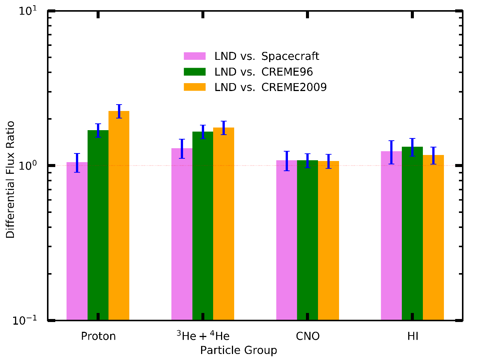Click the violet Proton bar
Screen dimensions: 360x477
pos(77,241)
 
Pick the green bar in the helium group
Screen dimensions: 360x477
pos(203,226)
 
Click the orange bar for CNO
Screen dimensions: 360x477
pos(329,240)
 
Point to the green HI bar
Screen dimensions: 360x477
pos(412,233)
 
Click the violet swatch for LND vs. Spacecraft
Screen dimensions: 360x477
pos(195,56)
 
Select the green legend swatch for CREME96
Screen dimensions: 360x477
pos(195,72)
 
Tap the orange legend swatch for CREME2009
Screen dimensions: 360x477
pos(195,87)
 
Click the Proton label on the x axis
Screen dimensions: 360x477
pos(98,336)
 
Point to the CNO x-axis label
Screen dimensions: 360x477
pos(308,336)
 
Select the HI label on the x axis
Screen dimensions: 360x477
pos(413,336)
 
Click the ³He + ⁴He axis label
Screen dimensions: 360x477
pos(203,336)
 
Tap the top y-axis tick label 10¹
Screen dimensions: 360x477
pos(27,11)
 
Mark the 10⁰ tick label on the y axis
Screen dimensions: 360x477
pos(27,166)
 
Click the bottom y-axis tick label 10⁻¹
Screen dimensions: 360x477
pos(25,320)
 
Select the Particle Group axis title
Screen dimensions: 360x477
pos(238,350)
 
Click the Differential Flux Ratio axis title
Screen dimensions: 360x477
pos(10,179)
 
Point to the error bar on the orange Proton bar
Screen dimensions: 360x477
pos(119,111)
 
